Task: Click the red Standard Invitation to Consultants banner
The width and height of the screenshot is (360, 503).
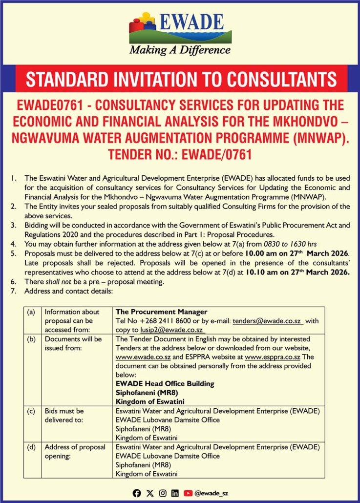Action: click(x=181, y=79)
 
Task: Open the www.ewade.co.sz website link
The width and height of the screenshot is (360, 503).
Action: click(x=138, y=356)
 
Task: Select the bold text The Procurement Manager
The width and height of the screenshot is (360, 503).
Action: click(x=161, y=312)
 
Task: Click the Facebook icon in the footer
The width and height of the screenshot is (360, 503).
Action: click(x=137, y=493)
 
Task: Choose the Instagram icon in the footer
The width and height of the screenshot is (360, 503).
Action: click(x=162, y=493)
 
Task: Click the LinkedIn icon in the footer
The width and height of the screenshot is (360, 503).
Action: click(x=175, y=493)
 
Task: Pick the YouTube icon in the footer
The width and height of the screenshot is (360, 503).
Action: click(x=188, y=493)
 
